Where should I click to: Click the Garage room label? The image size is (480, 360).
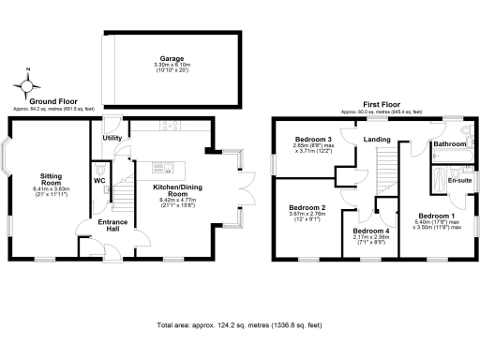coord(170,58)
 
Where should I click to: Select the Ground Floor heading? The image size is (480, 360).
coord(52,100)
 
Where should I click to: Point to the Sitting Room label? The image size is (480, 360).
coord(50,179)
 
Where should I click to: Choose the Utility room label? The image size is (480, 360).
coord(113,138)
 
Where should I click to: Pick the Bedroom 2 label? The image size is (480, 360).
coord(307,207)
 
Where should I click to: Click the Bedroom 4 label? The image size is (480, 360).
coord(371,231)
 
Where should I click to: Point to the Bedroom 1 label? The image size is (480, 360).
coord(437,216)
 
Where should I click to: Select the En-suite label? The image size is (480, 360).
coord(459,179)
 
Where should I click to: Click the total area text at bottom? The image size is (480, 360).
coord(239,325)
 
